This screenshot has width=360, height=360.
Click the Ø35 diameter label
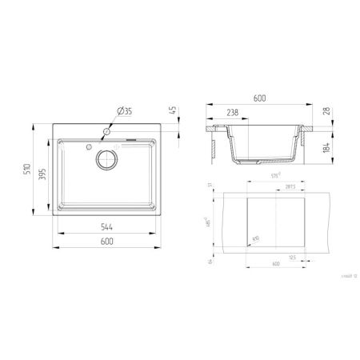click(124, 110)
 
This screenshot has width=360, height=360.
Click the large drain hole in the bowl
click(107, 159)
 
